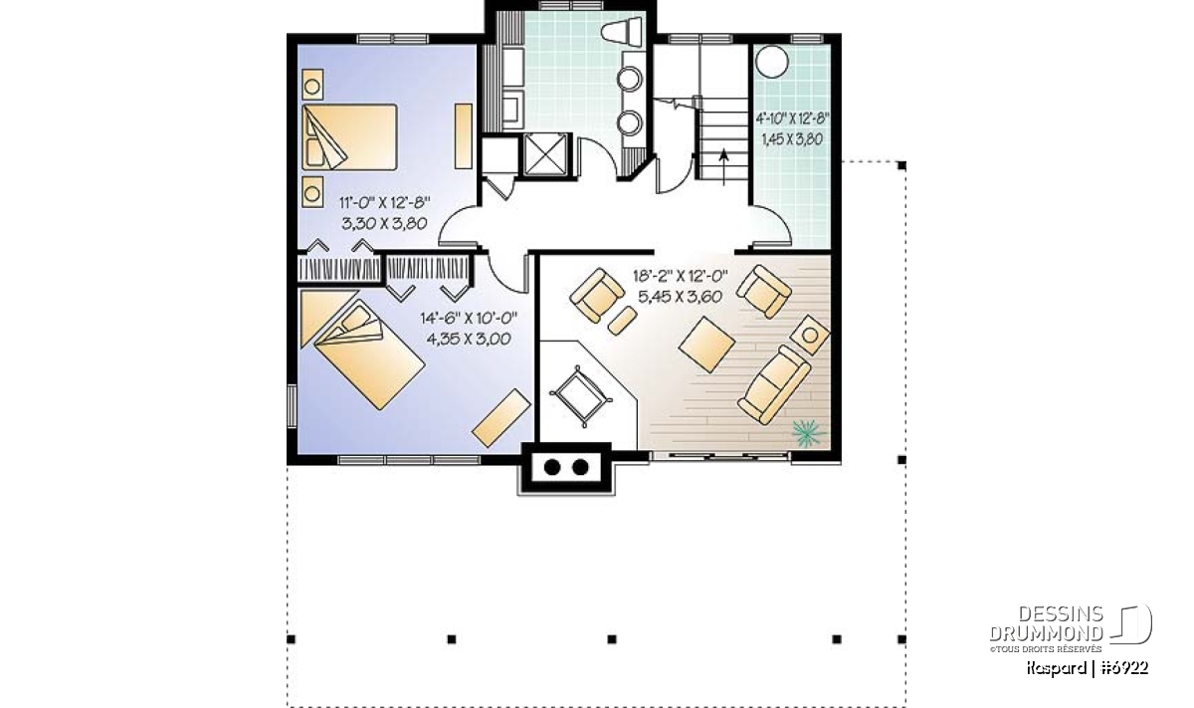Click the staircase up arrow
[x=723, y=167]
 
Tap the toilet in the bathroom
[x=623, y=32]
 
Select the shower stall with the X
[x=545, y=154]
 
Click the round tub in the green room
[x=772, y=62]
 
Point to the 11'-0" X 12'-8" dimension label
[x=385, y=203]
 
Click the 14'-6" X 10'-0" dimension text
[x=469, y=319]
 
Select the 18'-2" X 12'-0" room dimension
[x=681, y=277]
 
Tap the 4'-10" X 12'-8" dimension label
[x=792, y=118]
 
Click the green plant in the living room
[x=807, y=433]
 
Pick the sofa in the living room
[x=774, y=384]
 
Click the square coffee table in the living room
[x=707, y=345]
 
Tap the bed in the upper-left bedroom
[x=349, y=137]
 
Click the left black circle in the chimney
[x=552, y=467]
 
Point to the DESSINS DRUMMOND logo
[x=1071, y=628]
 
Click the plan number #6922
[x=1124, y=668]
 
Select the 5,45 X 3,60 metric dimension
[x=680, y=297]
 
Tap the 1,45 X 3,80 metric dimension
[x=792, y=139]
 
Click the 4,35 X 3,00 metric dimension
[x=469, y=339]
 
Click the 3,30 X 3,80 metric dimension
[x=384, y=223]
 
